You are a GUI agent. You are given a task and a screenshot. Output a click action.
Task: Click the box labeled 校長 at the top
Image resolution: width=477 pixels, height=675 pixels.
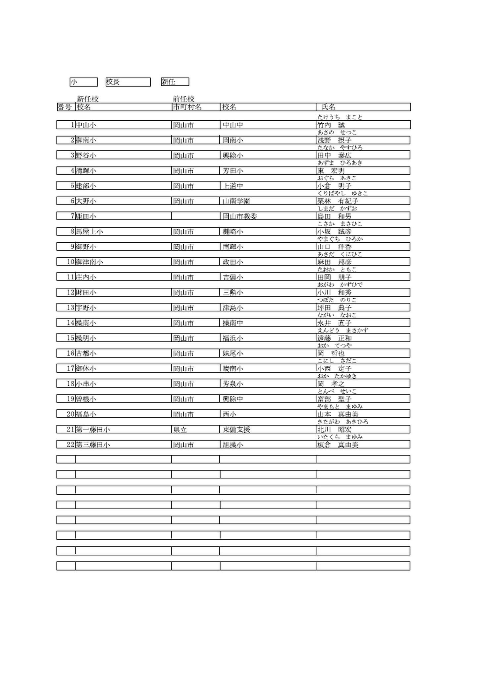128,82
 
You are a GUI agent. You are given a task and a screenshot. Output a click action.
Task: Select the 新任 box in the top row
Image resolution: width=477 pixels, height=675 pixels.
175,82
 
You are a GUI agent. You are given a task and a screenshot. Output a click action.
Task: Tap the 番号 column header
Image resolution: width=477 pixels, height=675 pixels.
65,107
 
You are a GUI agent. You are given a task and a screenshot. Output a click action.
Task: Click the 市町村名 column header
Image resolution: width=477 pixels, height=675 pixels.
187,107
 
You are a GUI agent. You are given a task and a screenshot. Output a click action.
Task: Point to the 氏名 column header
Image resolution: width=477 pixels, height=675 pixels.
329,107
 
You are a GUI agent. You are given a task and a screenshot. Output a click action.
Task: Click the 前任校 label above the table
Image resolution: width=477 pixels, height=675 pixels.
184,99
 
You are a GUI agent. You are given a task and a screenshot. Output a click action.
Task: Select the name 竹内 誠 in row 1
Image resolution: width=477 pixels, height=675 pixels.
331,125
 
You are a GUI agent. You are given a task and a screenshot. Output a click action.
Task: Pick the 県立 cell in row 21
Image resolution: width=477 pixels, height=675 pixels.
181,430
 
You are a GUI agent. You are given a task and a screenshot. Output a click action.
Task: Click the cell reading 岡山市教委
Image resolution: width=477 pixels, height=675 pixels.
240,216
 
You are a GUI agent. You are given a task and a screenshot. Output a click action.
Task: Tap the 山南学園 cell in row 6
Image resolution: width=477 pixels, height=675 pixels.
236,201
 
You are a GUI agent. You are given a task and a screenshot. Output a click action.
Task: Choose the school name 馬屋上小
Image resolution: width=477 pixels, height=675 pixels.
89,232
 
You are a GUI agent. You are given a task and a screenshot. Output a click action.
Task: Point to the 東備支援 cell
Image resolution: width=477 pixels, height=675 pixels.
236,430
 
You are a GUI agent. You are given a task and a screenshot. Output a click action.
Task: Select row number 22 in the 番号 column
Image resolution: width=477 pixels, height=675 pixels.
71,445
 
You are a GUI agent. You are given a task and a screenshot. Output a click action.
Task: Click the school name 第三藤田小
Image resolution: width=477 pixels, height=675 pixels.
93,445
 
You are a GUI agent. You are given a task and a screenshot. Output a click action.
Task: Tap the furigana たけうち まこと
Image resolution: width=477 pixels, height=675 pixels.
340,117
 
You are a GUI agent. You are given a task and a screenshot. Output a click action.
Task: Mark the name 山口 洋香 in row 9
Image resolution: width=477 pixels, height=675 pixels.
335,247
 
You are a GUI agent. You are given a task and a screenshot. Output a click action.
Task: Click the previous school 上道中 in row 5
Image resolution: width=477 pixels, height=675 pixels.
233,186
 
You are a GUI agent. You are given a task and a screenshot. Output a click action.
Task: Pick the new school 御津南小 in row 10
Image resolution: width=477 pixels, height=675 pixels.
89,262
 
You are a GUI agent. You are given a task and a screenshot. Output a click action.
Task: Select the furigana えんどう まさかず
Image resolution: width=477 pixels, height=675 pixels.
343,330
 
